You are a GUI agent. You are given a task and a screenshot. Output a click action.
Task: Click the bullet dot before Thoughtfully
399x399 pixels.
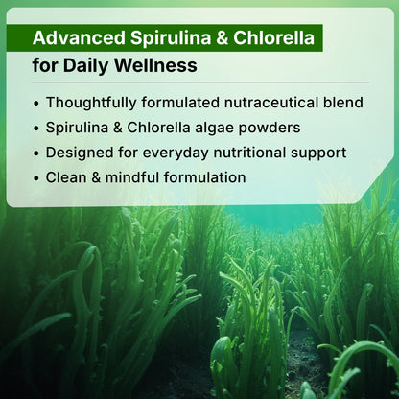pyautogui.click(x=36, y=102)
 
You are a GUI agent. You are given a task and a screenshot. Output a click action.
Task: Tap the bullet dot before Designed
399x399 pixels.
pyautogui.click(x=36, y=153)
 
